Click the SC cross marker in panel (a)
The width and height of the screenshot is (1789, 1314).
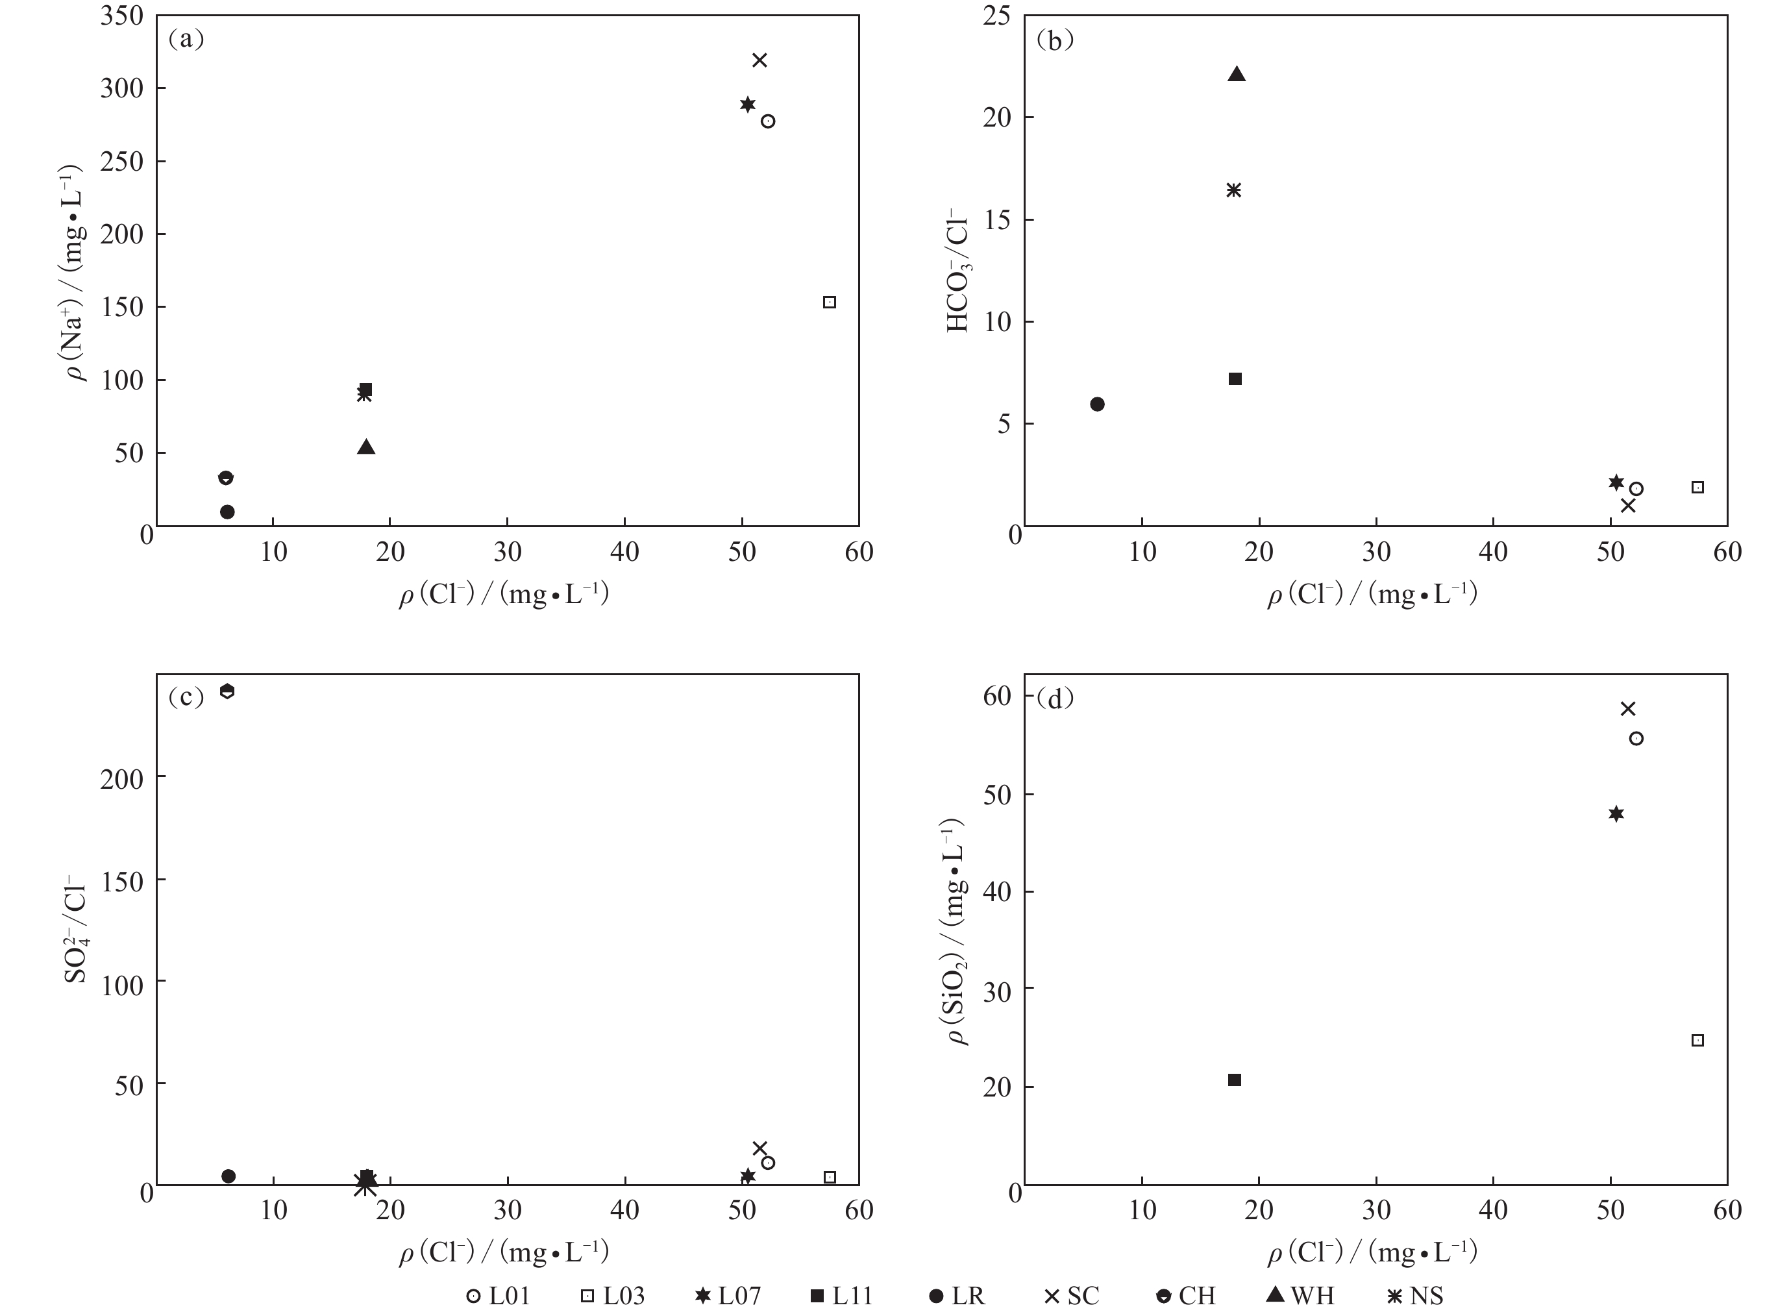(x=759, y=60)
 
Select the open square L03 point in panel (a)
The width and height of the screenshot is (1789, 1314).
(x=830, y=303)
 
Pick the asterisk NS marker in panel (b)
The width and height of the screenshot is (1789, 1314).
(x=1233, y=190)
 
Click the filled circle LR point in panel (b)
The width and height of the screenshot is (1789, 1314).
(x=1097, y=404)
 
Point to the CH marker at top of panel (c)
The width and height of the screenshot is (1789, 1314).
(x=227, y=690)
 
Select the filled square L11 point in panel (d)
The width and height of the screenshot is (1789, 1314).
(x=1235, y=1080)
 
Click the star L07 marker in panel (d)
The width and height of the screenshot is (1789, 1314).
(x=1616, y=813)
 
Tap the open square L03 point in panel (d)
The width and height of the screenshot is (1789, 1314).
(x=1697, y=1041)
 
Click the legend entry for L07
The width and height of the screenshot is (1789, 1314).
(x=727, y=1296)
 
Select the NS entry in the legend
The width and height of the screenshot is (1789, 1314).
(x=1414, y=1296)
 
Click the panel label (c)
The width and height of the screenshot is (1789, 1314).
(x=186, y=697)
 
